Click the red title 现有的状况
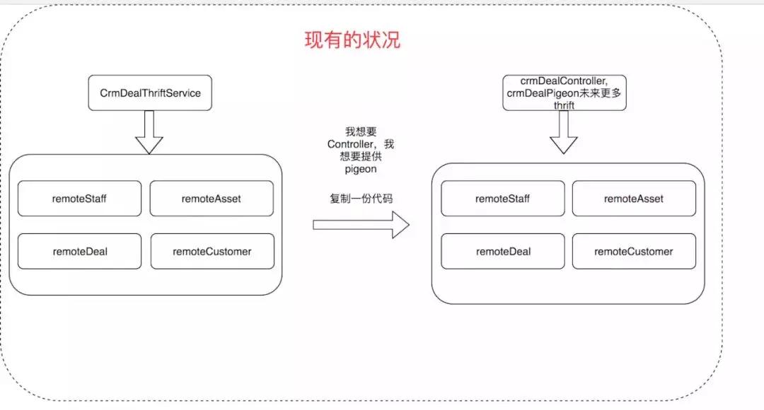point(352,40)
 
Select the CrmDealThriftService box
point(150,93)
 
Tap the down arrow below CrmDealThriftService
point(149,132)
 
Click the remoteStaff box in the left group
point(79,199)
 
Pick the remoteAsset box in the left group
point(211,199)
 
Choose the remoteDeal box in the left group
point(79,251)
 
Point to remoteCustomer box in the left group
point(212,251)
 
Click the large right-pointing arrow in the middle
point(361,225)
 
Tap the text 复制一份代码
point(361,199)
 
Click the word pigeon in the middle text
point(361,170)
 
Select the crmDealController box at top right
point(564,93)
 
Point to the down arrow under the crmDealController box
point(564,132)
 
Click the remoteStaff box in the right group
point(502,199)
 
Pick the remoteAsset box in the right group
point(634,199)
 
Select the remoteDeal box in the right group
point(503,251)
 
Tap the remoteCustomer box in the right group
point(634,251)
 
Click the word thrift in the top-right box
point(564,105)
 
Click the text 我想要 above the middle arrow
point(361,131)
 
